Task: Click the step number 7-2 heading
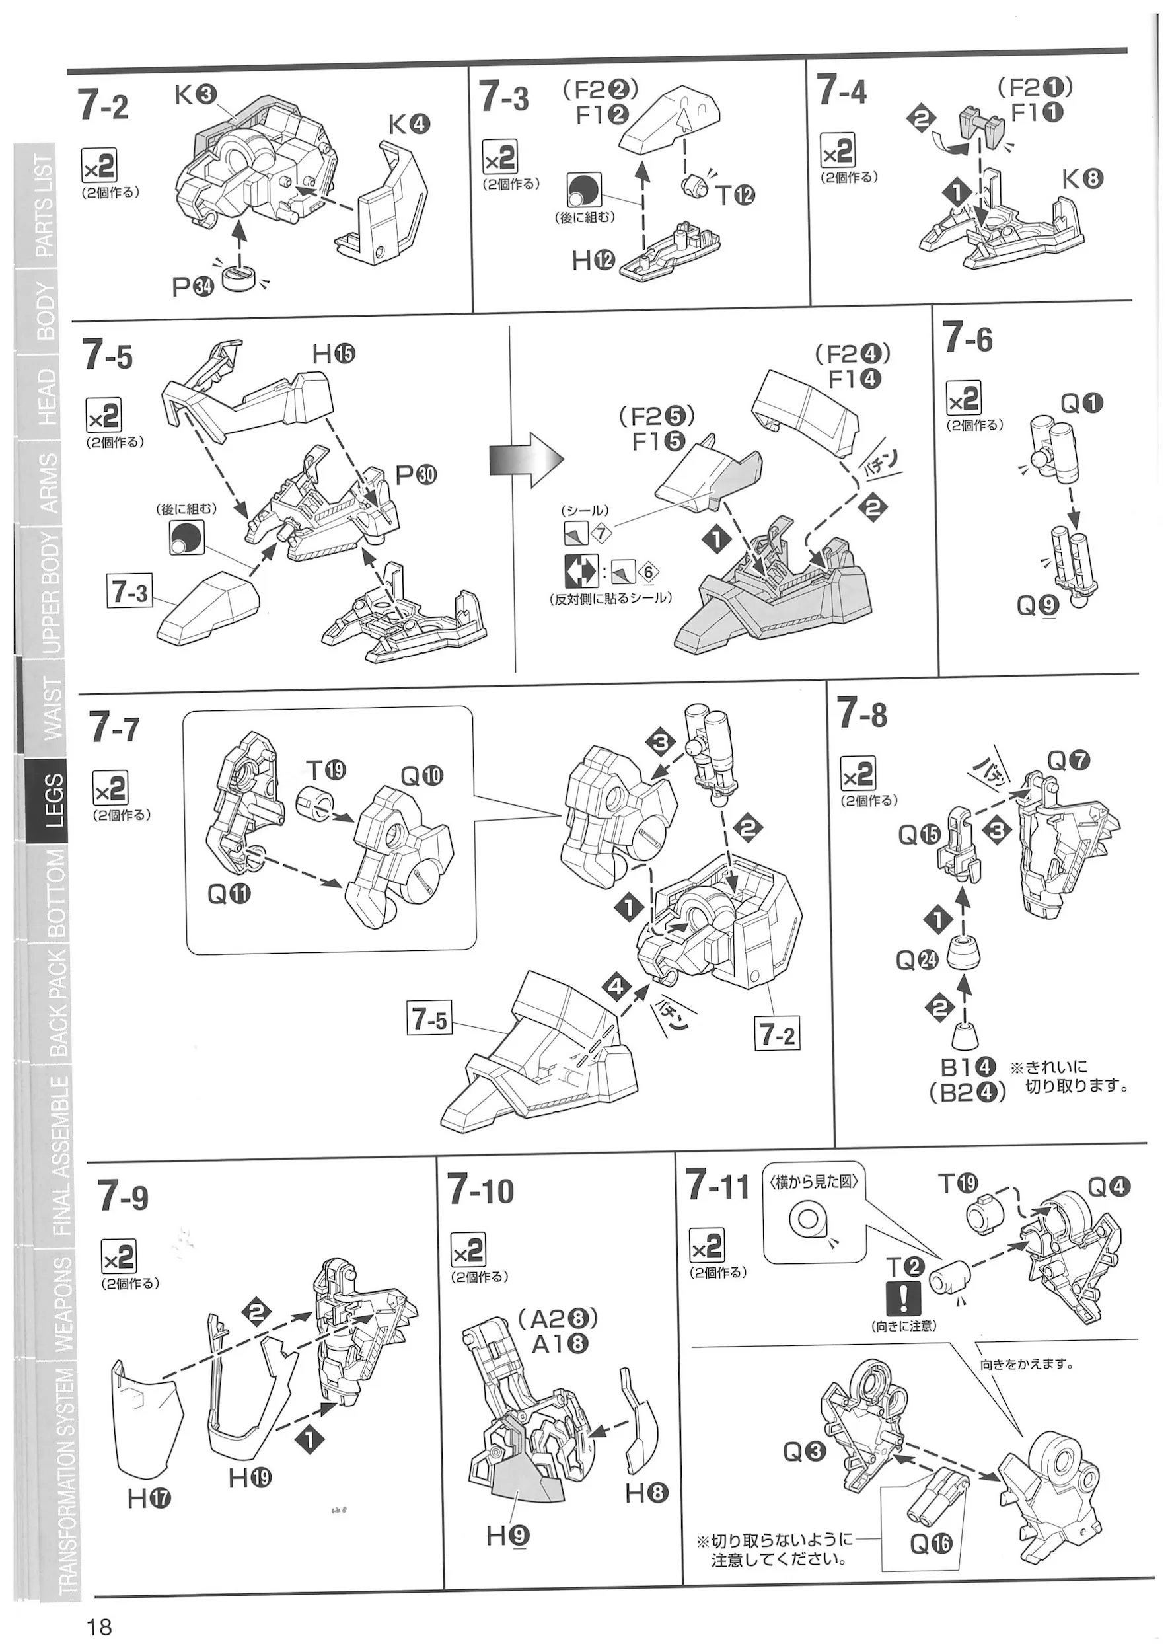104,106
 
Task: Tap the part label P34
192,287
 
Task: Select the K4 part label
409,125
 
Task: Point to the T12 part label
735,194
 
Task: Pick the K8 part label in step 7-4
1081,178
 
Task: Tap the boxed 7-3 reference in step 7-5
129,592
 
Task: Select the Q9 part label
1037,607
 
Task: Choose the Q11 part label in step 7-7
229,894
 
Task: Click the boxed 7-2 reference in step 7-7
778,1035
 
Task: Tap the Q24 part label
917,959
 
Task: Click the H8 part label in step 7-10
646,1493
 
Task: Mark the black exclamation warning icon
902,1299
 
